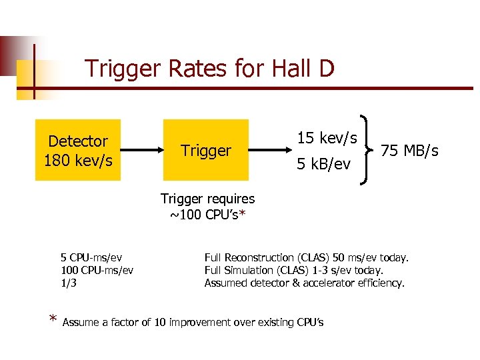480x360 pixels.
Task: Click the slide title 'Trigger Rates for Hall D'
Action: click(209, 68)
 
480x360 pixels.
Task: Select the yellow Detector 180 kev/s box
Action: click(78, 151)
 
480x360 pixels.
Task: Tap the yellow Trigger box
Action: click(205, 151)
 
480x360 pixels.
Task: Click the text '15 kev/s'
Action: click(327, 138)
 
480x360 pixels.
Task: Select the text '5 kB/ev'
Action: click(324, 163)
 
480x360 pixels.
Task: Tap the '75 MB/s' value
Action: click(409, 151)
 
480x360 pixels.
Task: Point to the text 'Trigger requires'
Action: click(207, 199)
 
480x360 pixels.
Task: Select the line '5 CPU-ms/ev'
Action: click(91, 257)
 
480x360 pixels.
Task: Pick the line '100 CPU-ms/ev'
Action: click(97, 270)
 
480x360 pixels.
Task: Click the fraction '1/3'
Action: click(69, 283)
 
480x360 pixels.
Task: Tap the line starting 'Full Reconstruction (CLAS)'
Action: click(307, 257)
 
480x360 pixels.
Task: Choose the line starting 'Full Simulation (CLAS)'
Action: click(294, 270)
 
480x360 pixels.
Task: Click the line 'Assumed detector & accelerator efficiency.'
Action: click(304, 283)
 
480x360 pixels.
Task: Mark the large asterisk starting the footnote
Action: click(53, 321)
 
